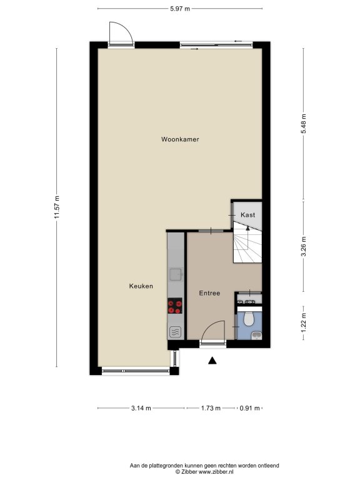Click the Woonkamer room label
[x=180, y=139]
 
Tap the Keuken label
[x=141, y=286]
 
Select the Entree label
[x=209, y=293]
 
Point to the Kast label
[x=247, y=215]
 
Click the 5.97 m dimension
[x=180, y=9]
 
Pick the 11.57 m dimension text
[x=57, y=207]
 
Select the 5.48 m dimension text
[x=303, y=124]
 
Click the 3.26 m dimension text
[x=303, y=246]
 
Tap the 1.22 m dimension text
[x=303, y=323]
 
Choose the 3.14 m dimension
[x=141, y=408]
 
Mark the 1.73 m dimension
[x=211, y=408]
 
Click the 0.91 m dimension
[x=249, y=408]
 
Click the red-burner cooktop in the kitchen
[x=175, y=306]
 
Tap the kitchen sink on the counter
[x=176, y=274]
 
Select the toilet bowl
[x=249, y=319]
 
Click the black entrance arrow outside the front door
[x=212, y=361]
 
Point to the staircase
[x=247, y=242]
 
